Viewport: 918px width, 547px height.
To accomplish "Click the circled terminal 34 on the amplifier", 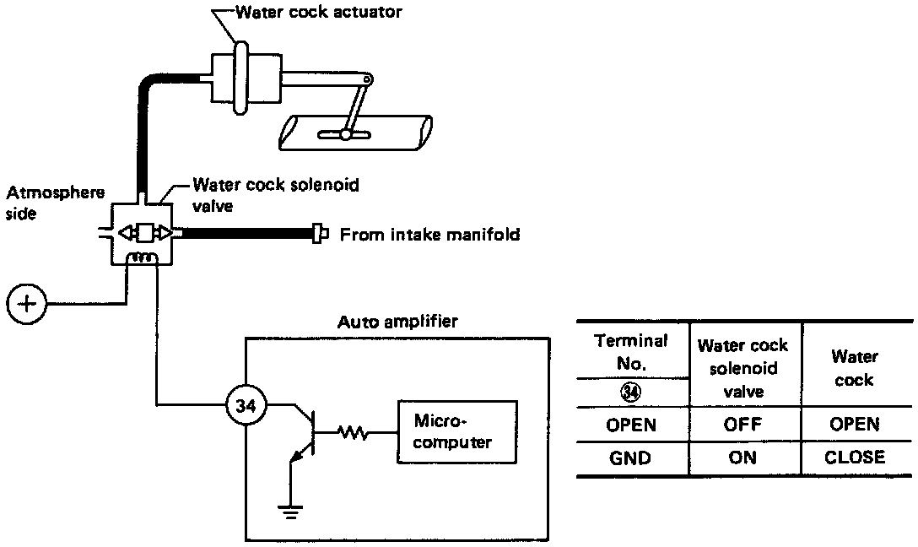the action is coord(246,404).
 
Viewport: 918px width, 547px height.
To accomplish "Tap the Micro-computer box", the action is coord(457,432).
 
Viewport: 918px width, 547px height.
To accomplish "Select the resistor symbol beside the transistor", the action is coord(353,433).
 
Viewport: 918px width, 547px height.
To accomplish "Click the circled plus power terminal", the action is coord(27,304).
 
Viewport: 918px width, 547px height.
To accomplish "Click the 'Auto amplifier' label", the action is coord(397,322).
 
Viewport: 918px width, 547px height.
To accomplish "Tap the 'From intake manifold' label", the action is coord(429,235).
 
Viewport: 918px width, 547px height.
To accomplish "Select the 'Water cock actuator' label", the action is coord(318,12).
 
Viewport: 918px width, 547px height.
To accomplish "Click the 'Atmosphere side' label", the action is coord(55,203).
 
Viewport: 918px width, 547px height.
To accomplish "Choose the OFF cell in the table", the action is coord(742,424).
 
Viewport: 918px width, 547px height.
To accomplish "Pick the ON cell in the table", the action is coord(742,458).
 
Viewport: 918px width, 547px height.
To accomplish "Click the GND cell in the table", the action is coord(630,458).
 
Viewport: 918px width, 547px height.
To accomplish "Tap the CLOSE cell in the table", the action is coord(855,457).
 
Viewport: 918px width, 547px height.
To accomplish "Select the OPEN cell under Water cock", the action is coord(855,424).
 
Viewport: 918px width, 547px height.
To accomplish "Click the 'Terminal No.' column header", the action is coord(630,352).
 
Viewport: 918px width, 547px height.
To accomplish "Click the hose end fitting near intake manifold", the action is coord(318,235).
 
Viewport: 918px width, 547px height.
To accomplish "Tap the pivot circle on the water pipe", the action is coord(346,135).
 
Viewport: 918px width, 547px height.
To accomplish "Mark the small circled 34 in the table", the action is coord(630,393).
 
